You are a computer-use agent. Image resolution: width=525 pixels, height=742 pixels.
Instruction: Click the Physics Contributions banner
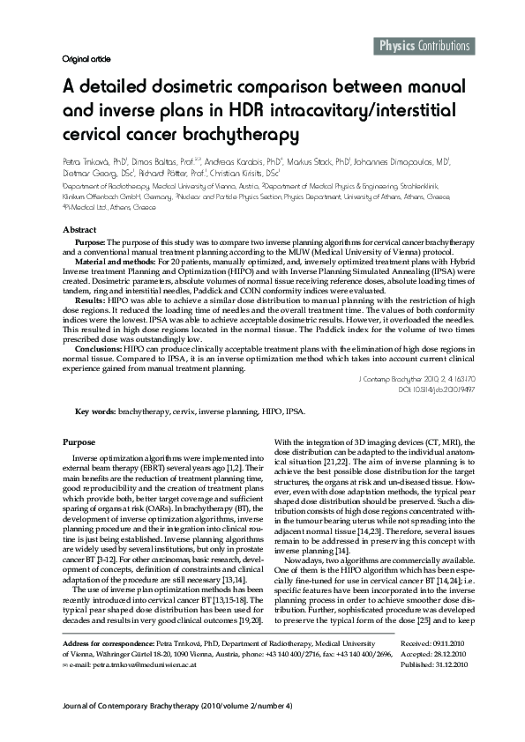coord(424,46)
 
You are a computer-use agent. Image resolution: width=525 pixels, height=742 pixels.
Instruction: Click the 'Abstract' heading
coord(79,228)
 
